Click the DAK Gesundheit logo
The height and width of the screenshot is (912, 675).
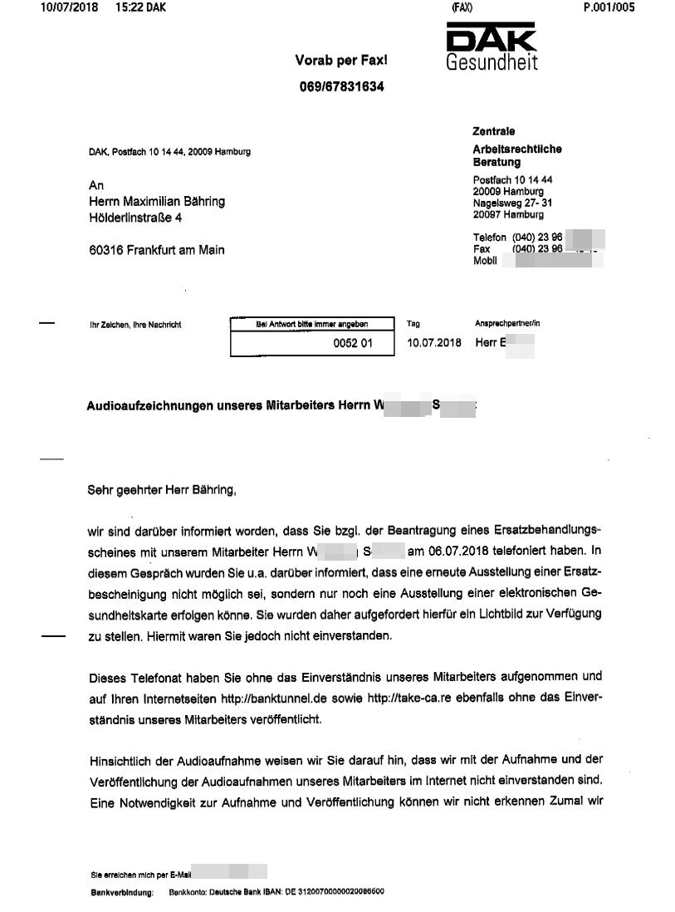click(x=492, y=48)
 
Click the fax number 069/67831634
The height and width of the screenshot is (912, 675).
click(x=341, y=86)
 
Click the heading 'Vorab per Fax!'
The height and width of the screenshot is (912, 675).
click(x=341, y=60)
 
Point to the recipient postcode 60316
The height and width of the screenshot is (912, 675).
click(x=106, y=250)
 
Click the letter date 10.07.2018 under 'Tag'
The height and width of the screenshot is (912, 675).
click(x=433, y=342)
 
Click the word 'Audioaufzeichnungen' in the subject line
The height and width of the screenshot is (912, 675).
click(x=145, y=406)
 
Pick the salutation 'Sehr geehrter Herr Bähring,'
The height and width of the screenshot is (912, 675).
click(x=162, y=490)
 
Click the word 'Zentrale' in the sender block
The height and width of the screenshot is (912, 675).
click(x=493, y=132)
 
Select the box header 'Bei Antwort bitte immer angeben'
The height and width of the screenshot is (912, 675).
click(x=311, y=324)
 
